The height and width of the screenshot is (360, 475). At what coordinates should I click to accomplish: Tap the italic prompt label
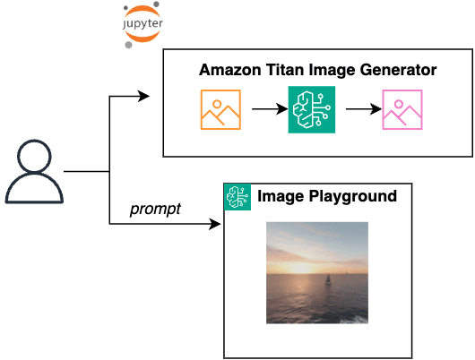[x=155, y=210]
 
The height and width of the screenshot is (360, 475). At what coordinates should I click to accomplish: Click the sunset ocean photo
[x=317, y=272]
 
